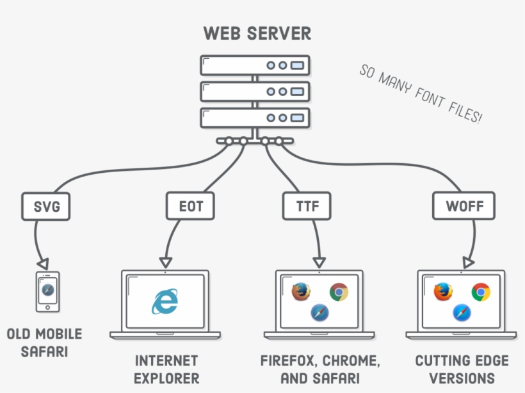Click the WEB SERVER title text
[257, 33]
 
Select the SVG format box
[45, 206]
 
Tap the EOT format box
[190, 206]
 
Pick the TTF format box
[306, 206]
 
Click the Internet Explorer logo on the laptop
[165, 302]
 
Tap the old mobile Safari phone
[47, 292]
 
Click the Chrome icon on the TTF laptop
[339, 293]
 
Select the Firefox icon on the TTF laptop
[301, 292]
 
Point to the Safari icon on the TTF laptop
[319, 313]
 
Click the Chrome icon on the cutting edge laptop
[481, 293]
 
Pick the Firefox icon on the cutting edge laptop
[443, 292]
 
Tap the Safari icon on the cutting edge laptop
[462, 313]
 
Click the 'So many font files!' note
[420, 94]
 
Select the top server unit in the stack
[255, 65]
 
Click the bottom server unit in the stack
[255, 118]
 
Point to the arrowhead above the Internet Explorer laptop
[165, 262]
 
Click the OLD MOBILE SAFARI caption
[44, 342]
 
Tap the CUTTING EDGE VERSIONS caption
[462, 369]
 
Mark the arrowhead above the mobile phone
[42, 264]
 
